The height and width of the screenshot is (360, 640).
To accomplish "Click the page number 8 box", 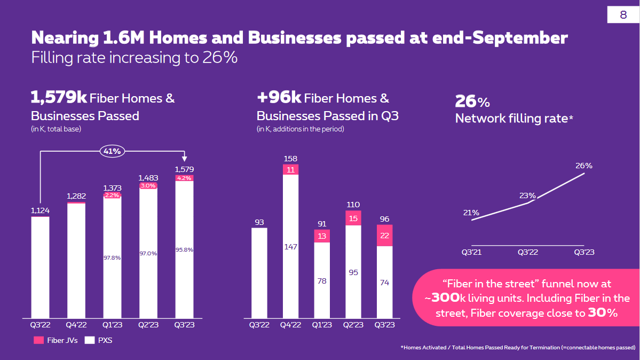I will click(623, 15).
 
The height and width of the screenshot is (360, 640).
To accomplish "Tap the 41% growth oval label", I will click(113, 151).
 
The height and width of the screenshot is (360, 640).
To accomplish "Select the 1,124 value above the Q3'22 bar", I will click(40, 211).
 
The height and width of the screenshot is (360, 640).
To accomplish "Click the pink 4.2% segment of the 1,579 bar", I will click(184, 178).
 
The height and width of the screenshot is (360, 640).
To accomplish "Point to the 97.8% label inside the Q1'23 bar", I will click(112, 257).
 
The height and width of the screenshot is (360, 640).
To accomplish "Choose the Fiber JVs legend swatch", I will click(38, 340).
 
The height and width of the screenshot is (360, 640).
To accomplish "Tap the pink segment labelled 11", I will click(291, 170).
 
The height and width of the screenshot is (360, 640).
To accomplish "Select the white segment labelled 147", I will click(291, 247).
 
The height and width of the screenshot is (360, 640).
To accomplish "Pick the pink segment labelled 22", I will click(385, 236).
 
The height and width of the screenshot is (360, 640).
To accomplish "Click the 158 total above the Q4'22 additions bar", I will click(291, 159).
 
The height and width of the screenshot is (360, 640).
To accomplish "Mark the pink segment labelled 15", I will click(353, 218).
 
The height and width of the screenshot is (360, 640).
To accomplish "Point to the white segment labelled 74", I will click(385, 283).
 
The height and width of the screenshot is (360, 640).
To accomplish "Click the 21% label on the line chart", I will click(471, 213).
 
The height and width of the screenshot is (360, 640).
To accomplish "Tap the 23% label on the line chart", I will click(527, 195).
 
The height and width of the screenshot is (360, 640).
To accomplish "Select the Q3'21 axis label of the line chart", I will click(471, 252).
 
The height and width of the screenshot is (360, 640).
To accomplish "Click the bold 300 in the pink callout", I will click(443, 299).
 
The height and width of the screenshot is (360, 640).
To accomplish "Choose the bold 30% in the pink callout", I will click(603, 313).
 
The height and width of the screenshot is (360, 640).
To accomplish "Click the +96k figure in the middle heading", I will click(279, 98).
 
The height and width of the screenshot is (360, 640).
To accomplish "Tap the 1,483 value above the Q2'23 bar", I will click(148, 177).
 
